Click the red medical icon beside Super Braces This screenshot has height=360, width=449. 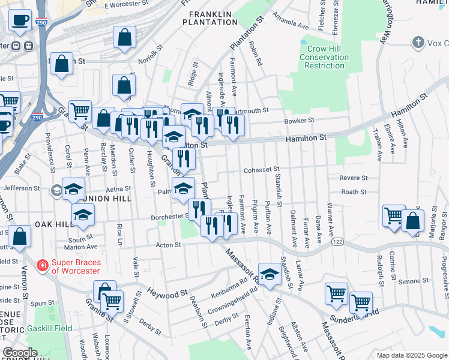point(42,265)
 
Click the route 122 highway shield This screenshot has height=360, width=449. point(337,241)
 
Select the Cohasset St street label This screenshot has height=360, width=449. point(261,170)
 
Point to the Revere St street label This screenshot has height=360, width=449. point(354,178)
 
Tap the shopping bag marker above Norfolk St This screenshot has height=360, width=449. point(124,38)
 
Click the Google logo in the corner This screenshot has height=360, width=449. point(20,353)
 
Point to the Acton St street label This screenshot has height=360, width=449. point(169,245)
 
